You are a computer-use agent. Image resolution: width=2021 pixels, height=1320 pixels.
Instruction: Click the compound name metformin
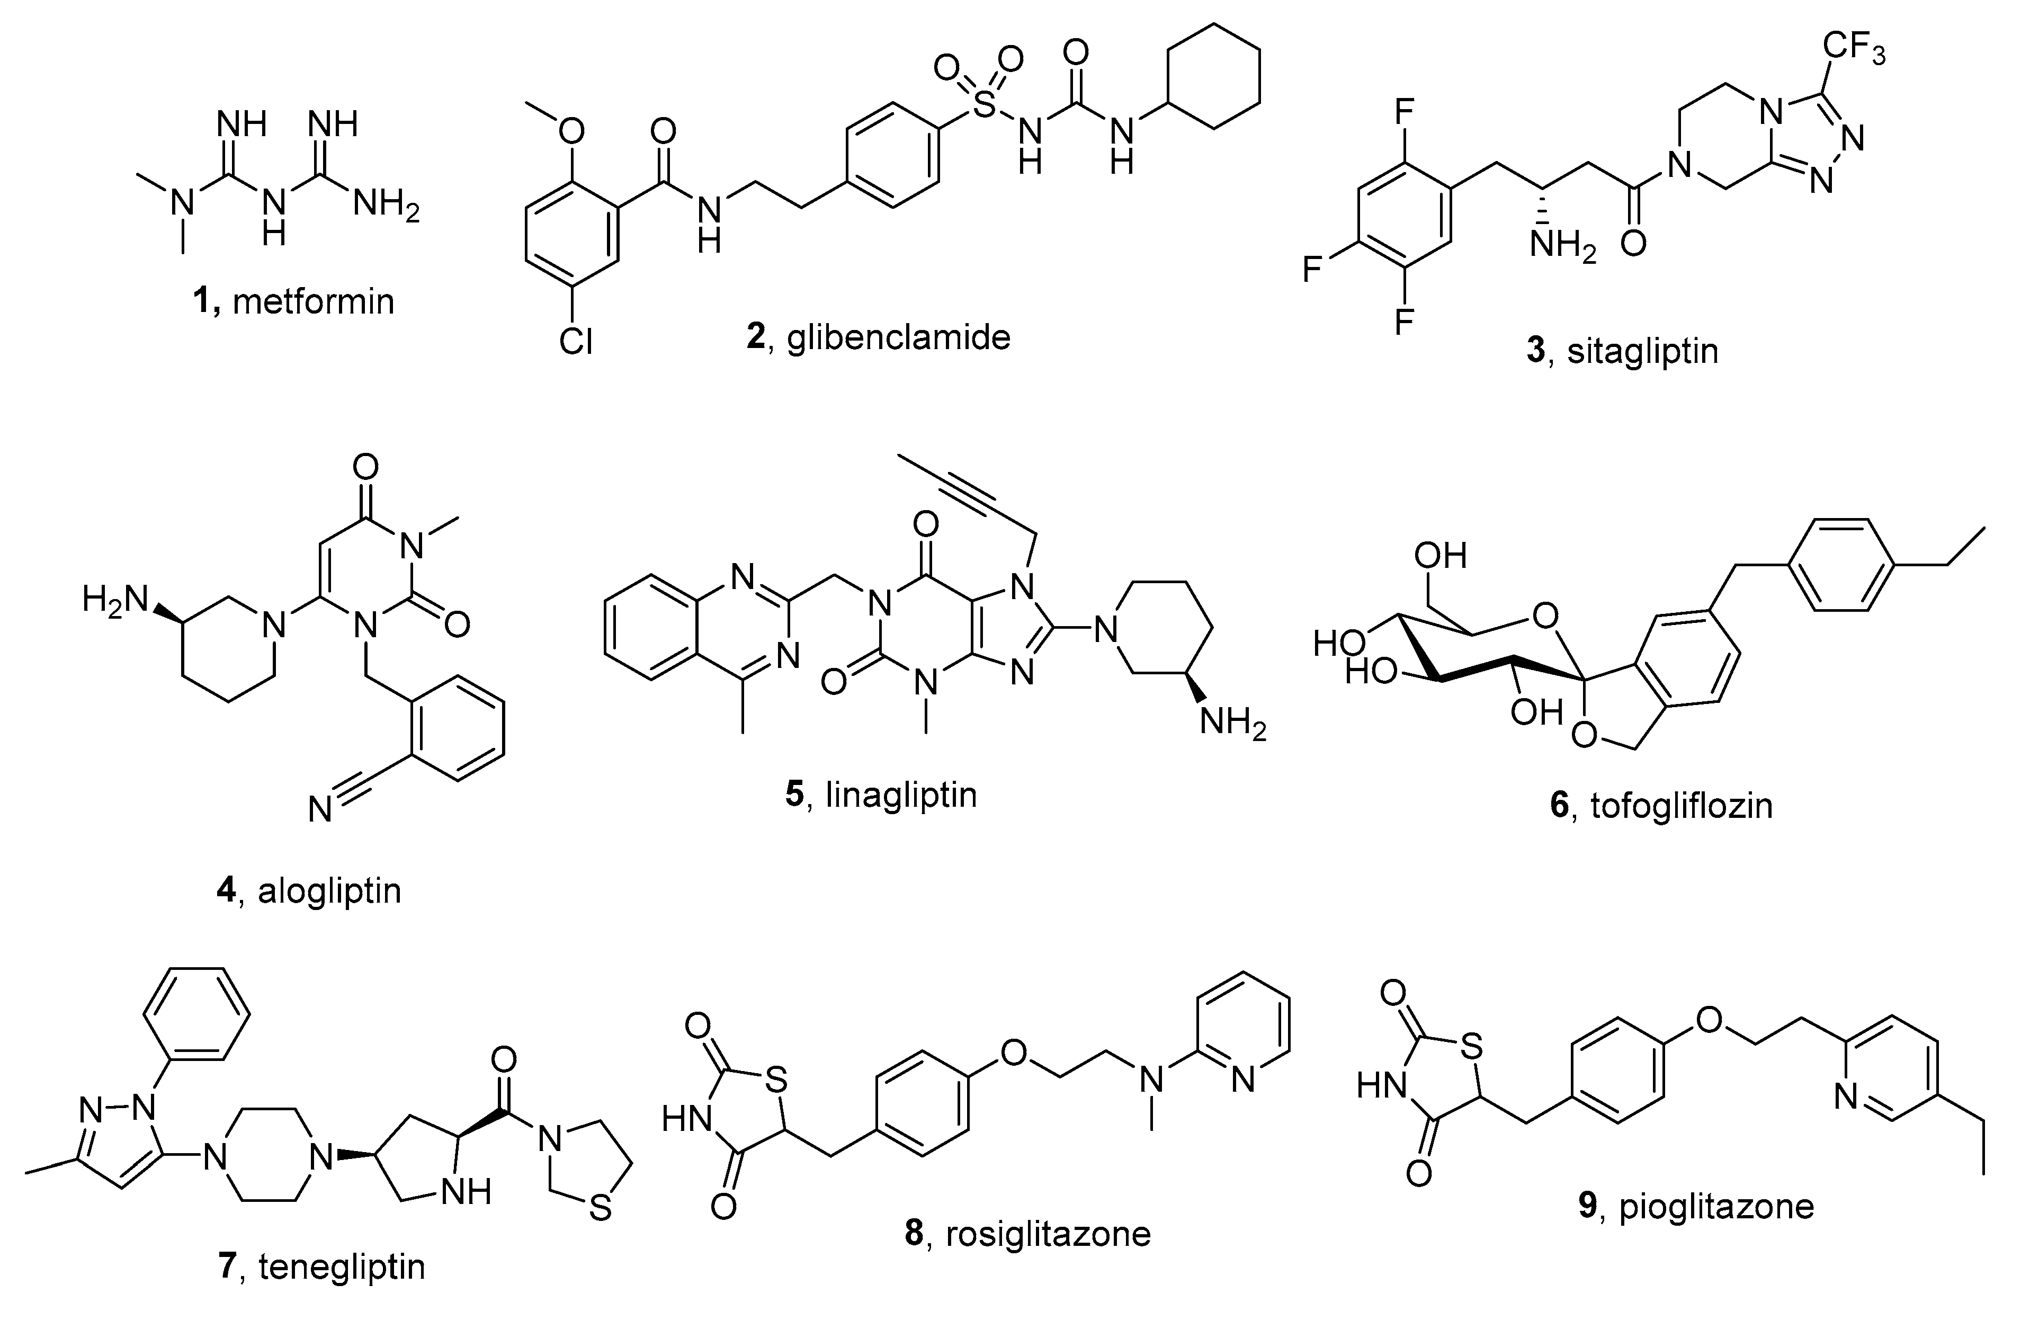(x=314, y=301)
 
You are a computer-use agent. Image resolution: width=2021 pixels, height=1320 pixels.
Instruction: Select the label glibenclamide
(x=898, y=337)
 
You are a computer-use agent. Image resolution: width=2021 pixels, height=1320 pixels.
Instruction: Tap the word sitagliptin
(x=1642, y=351)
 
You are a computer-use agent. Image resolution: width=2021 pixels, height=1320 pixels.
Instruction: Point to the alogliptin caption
(x=329, y=891)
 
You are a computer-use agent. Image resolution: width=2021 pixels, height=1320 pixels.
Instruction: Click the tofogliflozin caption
(x=1682, y=805)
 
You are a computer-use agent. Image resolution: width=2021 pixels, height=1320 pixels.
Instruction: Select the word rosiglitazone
(x=1048, y=1233)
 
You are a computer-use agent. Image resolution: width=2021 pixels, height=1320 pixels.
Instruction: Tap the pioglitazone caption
(x=1716, y=1206)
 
